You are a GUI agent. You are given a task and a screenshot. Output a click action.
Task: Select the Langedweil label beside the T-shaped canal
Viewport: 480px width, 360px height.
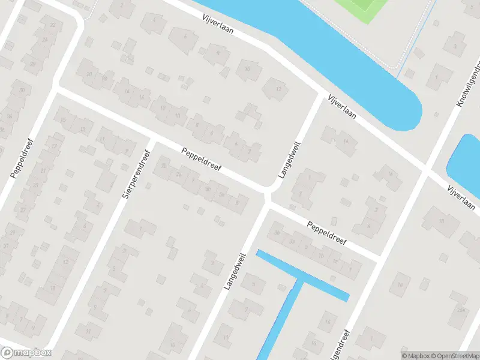coord(236,271)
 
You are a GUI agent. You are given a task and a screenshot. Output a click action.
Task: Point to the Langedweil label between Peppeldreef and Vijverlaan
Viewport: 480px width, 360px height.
coord(289,160)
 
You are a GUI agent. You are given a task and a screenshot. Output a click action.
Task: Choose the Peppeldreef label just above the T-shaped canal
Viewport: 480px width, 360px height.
coord(327,236)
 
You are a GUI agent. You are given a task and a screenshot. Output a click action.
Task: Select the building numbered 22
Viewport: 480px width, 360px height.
coord(53,25)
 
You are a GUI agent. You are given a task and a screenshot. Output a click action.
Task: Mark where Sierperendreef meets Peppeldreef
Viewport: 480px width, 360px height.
coord(152,142)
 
